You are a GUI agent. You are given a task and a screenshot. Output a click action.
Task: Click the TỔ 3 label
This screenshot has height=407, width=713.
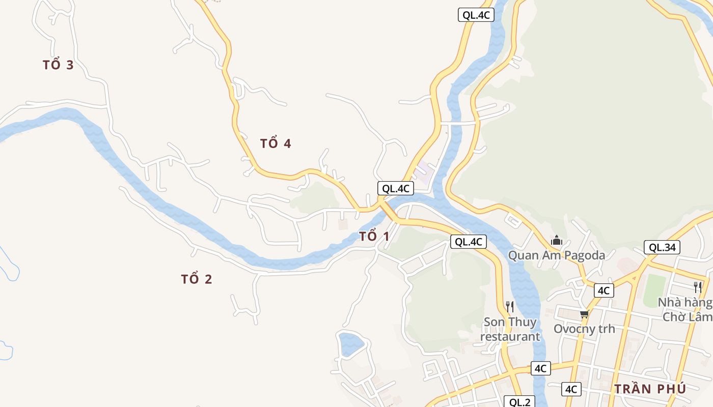pos(58,65)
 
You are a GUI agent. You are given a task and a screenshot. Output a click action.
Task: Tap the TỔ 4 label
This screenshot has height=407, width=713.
pos(276,143)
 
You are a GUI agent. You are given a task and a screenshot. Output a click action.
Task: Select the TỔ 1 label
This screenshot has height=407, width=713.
pos(374,236)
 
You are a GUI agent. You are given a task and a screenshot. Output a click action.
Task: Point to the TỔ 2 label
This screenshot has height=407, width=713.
pos(197,279)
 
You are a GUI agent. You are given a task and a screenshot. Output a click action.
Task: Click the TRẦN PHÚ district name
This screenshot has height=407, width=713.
pos(650,389)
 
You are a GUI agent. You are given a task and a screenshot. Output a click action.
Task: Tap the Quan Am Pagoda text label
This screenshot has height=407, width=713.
pos(557,255)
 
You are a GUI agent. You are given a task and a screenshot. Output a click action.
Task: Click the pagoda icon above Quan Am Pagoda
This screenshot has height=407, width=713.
pos(557,240)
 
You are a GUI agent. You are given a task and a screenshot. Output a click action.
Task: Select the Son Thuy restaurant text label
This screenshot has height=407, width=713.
pos(510,329)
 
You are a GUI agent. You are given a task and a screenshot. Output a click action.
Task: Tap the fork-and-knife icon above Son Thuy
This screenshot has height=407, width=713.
pos(509,306)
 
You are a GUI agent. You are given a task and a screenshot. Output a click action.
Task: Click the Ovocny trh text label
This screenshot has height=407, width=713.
pos(584,329)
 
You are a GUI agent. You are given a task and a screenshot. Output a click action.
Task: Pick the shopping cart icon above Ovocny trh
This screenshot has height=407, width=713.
pos(584,314)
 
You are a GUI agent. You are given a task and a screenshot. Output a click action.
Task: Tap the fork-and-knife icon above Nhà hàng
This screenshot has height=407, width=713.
pos(697,287)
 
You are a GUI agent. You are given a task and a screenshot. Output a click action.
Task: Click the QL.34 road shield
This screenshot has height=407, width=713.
pos(662,248)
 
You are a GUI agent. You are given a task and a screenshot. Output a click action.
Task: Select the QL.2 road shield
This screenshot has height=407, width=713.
pos(519,402)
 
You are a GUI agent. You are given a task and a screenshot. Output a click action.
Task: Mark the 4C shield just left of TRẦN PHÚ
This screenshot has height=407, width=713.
pos(571,389)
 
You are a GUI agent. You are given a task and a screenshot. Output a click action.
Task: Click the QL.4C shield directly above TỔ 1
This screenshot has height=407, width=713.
pos(395,188)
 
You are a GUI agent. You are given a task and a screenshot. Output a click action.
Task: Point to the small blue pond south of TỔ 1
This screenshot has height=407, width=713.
pos(350,343)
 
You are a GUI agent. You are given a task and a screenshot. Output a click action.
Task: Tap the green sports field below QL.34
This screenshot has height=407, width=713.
pos(654,290)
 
